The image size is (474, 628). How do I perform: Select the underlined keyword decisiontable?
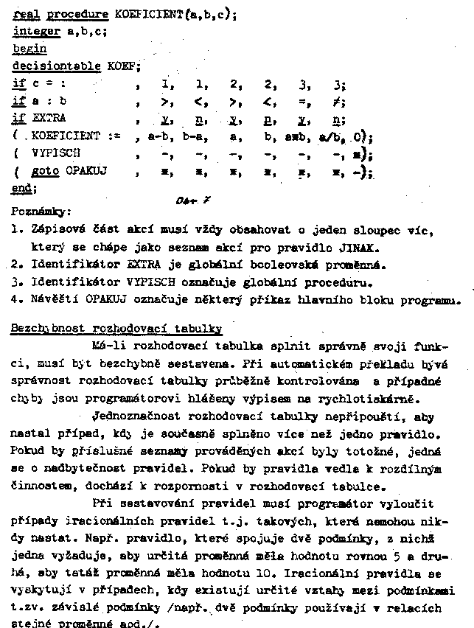coord(57,66)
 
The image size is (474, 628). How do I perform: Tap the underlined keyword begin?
coord(29,49)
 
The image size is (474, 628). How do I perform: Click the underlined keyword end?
coord(24,189)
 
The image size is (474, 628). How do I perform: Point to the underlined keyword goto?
coord(45,171)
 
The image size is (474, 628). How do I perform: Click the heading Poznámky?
coord(42,210)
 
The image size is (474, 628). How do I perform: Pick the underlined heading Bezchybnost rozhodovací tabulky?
coord(116,327)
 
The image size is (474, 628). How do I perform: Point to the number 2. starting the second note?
coord(15,264)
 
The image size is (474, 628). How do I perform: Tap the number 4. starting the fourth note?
coord(15,299)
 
